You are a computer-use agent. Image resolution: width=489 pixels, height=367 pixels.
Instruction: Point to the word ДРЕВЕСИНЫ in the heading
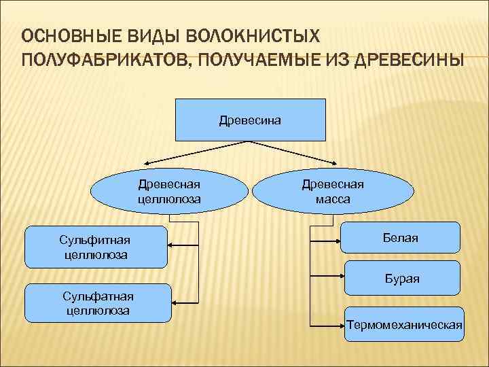coord(401,60)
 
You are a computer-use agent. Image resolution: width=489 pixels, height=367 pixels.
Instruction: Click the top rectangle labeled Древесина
coord(251,120)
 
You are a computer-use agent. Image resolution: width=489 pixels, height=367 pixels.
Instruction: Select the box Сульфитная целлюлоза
coord(94,247)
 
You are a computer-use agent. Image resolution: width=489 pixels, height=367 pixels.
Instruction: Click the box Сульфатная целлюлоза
coord(98,303)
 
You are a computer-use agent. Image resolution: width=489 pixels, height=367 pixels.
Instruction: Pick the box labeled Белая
coord(400,239)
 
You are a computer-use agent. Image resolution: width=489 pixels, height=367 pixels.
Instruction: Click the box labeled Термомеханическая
coord(404,324)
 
